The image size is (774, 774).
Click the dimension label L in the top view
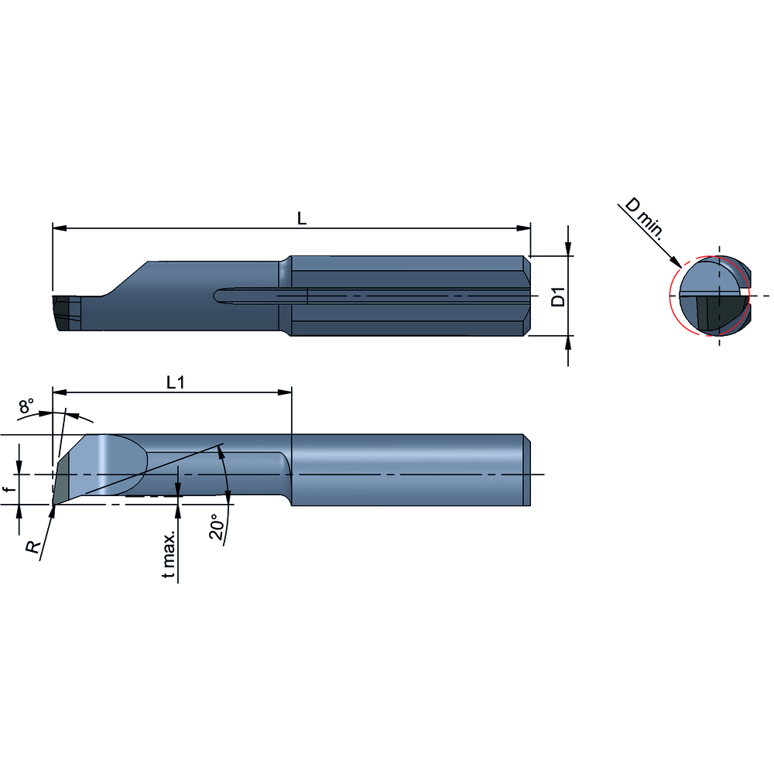pos(302,219)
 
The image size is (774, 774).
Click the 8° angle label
pos(26,406)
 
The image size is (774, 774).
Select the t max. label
pos(171,554)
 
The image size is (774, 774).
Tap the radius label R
pos(32,547)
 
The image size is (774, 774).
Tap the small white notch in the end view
pos(744,293)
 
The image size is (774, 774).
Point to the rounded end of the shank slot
pos(218,296)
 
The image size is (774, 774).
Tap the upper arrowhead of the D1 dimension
pos(569,248)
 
